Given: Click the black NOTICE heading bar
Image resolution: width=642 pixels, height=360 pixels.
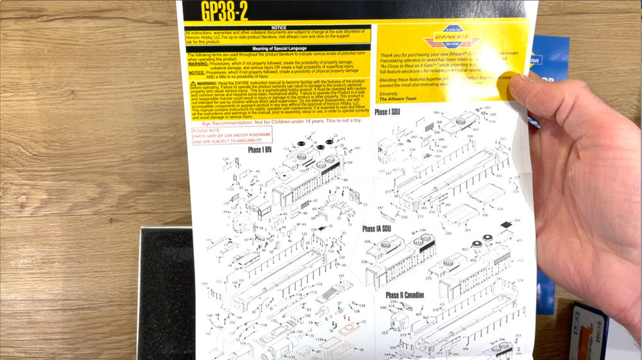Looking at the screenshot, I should coord(278,28).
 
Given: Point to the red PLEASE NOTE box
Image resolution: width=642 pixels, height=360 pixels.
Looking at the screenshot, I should coord(232,135).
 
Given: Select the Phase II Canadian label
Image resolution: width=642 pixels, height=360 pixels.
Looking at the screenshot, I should coord(404,295).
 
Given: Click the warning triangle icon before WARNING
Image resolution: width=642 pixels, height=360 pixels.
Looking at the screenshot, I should coord(193,83).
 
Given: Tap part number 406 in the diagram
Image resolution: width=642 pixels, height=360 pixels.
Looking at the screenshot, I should coord(517,220).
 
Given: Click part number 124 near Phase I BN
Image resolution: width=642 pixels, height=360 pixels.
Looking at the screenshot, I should coord(226,159).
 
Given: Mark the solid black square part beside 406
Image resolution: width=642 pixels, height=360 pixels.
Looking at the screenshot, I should coord(506,225).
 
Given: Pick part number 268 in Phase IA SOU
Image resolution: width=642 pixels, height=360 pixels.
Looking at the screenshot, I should coord(368,242).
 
